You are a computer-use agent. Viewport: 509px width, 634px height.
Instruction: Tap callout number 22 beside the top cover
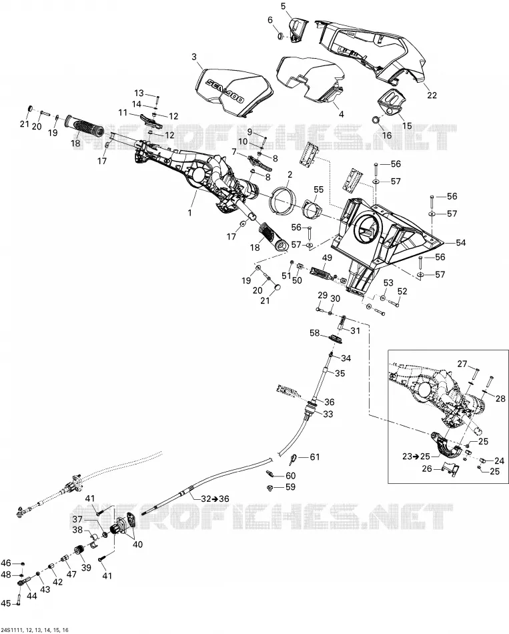tap(432, 95)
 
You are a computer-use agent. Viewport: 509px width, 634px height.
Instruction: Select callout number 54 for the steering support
tap(460, 243)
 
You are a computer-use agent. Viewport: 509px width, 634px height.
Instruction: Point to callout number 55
tap(319, 190)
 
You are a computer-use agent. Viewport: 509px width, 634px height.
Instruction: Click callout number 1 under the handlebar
tap(190, 212)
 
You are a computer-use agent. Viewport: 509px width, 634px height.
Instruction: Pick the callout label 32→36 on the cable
tap(215, 499)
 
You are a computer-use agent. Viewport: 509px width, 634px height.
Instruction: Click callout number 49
tap(327, 258)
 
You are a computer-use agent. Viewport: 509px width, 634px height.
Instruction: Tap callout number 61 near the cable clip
tap(314, 457)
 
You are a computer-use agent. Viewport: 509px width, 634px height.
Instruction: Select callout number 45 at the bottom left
tap(6, 604)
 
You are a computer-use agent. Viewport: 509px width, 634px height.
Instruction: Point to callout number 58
tap(314, 333)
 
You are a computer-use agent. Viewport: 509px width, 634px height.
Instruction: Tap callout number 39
tap(85, 567)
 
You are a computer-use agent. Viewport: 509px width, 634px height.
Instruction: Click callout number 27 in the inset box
tap(462, 364)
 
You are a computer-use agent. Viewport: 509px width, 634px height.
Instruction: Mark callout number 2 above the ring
tap(290, 175)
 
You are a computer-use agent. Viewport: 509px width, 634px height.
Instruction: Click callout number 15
tap(407, 125)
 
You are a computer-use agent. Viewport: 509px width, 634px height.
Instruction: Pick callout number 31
tap(355, 331)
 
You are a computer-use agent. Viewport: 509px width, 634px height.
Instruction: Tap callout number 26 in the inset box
tap(427, 468)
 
